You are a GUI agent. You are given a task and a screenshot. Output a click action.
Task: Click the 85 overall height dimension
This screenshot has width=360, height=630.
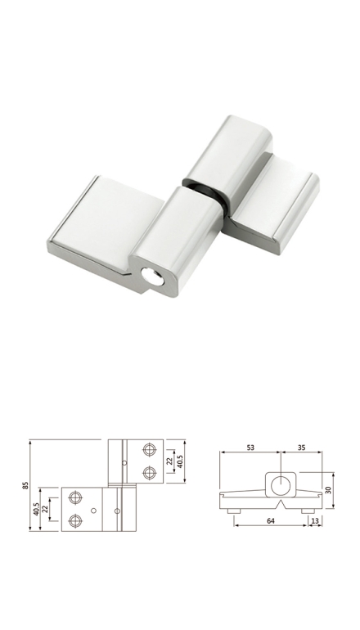[x=25, y=485]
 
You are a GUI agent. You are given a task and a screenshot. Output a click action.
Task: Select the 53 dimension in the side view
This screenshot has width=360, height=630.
[x=250, y=448]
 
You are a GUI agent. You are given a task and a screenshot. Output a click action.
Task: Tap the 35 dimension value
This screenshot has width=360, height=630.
[x=301, y=448]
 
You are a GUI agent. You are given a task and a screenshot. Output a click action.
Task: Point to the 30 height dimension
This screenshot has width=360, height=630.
[x=328, y=490]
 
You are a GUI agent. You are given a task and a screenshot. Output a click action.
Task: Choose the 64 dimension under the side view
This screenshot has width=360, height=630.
[x=271, y=520]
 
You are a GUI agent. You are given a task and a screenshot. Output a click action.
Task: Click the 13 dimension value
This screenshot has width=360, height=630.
[x=315, y=520]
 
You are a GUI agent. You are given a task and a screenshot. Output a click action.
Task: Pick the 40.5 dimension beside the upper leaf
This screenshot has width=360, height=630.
[x=180, y=461]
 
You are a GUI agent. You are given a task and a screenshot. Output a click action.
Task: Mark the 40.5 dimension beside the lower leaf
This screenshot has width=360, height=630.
[x=36, y=509]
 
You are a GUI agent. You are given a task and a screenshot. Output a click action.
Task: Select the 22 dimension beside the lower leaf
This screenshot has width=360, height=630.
[x=45, y=509]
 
